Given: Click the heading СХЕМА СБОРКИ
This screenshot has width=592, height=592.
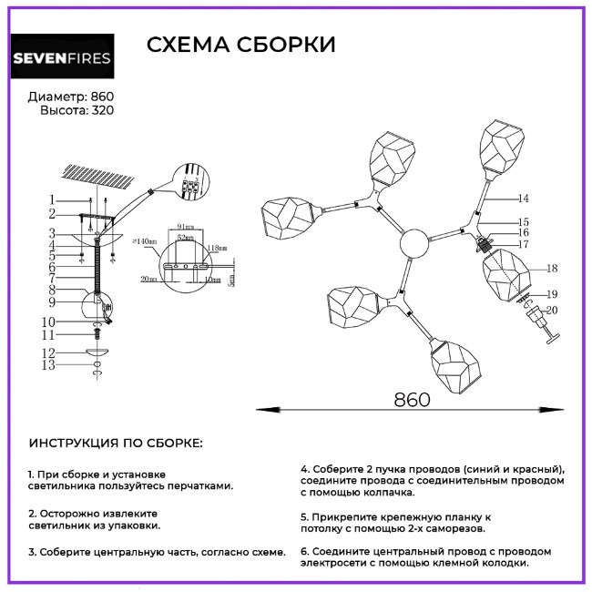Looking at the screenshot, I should click(x=241, y=45).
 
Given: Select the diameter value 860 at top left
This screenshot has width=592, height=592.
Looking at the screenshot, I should click(x=103, y=97).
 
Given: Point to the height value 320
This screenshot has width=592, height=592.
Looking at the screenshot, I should click(x=103, y=110).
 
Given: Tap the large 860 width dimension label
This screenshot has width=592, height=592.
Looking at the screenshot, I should click(x=412, y=398).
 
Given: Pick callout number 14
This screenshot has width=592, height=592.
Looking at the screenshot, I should click(x=522, y=197).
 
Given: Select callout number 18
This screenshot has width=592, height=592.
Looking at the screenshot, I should click(x=551, y=268).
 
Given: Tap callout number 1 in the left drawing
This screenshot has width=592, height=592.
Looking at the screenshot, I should click(x=53, y=200).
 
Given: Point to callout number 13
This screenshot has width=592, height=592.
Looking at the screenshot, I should click(x=51, y=365).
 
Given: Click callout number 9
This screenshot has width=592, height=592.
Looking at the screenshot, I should click(x=52, y=301).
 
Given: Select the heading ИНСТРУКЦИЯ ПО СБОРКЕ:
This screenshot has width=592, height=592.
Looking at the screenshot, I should click(x=116, y=444).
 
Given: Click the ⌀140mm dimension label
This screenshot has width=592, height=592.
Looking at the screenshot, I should click(x=144, y=241).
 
